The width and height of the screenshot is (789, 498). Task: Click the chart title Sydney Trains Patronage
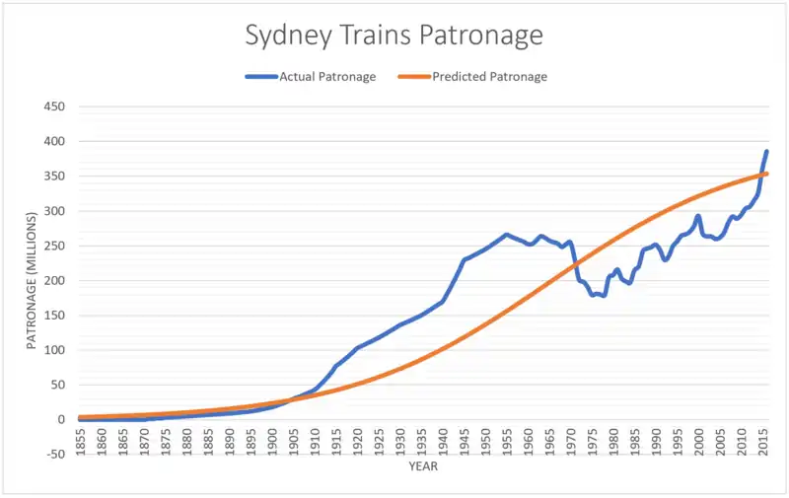coord(394,36)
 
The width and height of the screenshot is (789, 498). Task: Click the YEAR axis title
coord(423,468)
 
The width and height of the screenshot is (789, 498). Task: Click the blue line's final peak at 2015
coord(766,152)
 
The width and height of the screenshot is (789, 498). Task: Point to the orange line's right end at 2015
coord(766,174)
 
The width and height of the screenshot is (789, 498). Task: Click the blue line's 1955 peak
coord(507,235)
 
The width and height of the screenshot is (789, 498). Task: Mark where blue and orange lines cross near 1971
coord(576,263)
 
